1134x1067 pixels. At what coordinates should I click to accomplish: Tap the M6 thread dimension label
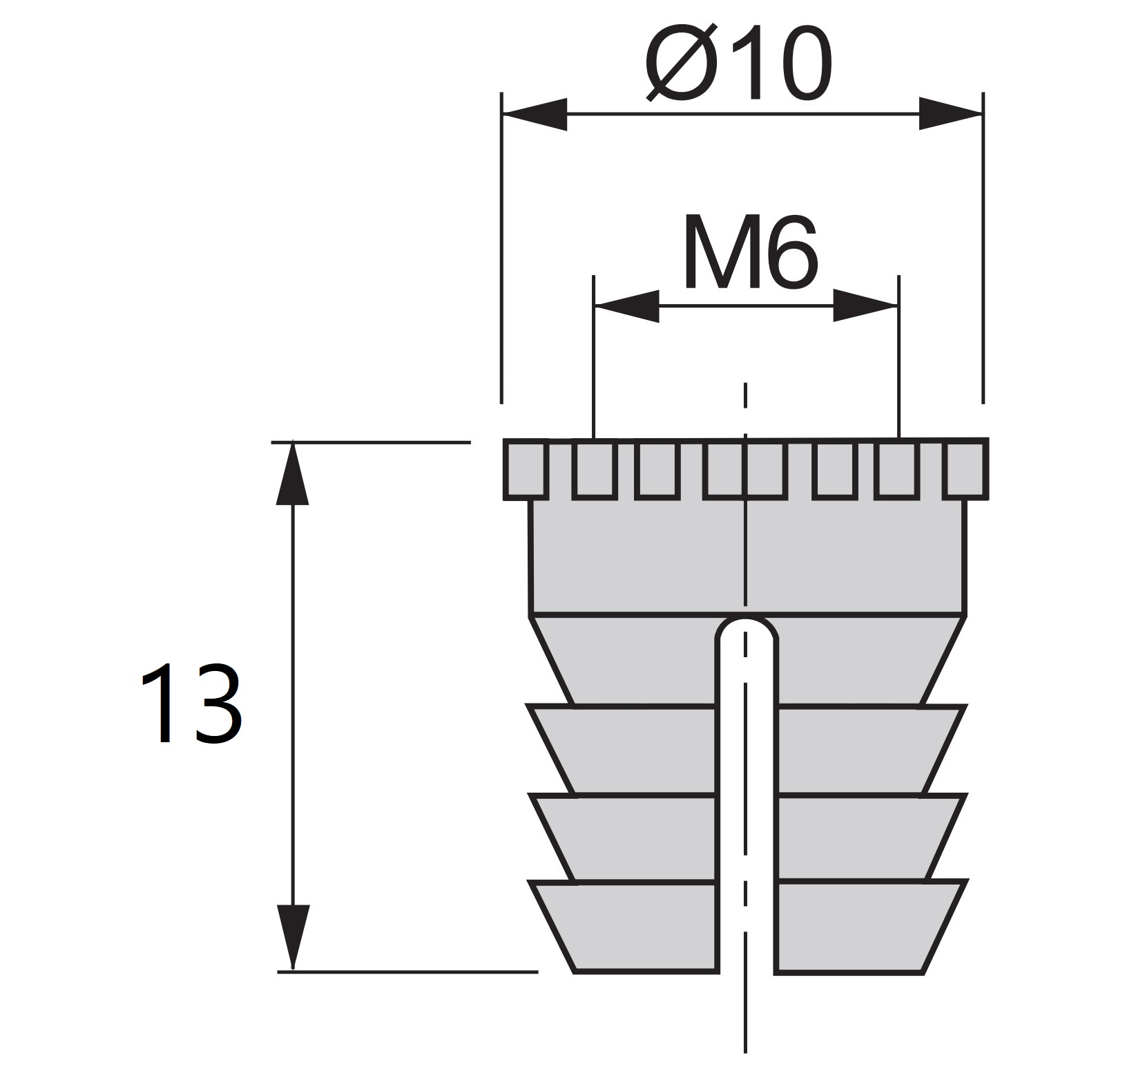point(750,252)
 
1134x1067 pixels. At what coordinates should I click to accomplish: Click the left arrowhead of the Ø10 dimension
point(535,114)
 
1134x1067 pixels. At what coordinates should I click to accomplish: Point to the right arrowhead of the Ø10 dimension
point(950,114)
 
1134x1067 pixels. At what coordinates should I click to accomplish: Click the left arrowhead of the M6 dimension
point(627,306)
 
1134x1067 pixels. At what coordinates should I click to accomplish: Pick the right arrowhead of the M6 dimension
point(865,306)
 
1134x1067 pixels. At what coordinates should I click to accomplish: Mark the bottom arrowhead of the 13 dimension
point(292,936)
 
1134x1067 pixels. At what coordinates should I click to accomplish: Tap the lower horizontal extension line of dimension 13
point(407,972)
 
